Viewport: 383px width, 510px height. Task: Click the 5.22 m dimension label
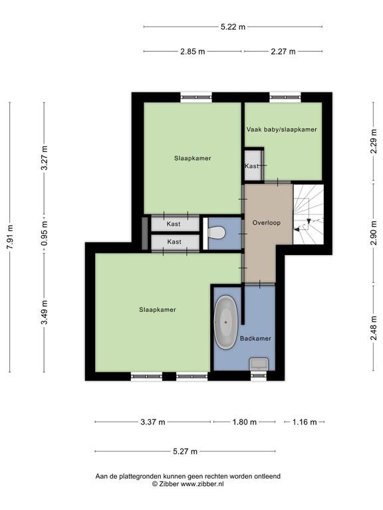(233, 27)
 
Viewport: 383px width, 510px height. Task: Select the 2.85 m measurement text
(193, 51)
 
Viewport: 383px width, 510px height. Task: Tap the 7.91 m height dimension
(10, 237)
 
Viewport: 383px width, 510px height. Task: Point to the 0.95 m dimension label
(45, 233)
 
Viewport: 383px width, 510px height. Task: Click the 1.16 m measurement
(305, 422)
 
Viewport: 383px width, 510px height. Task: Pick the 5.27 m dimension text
(185, 452)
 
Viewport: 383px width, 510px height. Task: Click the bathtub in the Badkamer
(225, 322)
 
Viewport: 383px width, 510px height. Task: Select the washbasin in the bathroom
(259, 364)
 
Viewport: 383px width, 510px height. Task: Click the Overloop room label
(267, 223)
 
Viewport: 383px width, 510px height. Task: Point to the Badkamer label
(255, 339)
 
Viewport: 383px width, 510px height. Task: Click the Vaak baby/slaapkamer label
(282, 129)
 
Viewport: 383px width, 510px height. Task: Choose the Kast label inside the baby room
(252, 166)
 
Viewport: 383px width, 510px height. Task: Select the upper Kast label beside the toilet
(174, 224)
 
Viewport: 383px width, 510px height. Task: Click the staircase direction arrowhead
(297, 230)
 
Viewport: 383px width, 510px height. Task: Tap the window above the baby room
(285, 97)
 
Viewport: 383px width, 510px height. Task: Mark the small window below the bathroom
(259, 376)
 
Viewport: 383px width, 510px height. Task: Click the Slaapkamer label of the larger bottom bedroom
(158, 309)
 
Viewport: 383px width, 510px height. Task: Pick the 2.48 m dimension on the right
(374, 328)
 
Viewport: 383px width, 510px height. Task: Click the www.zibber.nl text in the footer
(202, 483)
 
